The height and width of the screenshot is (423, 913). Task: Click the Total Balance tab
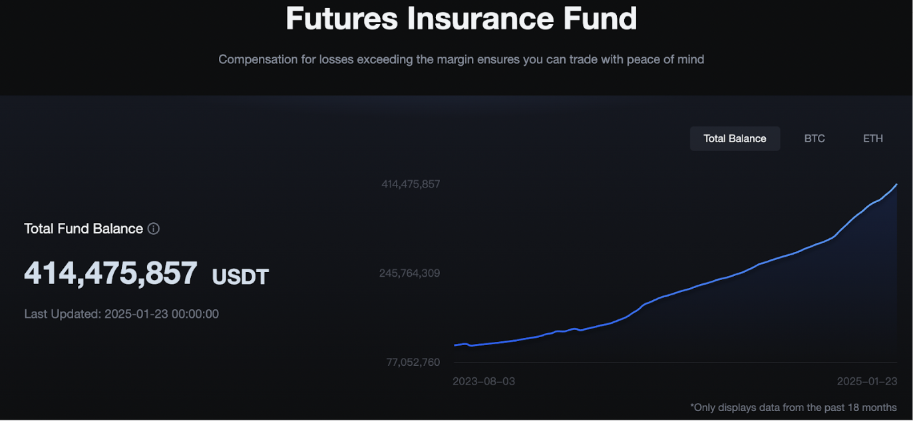[x=735, y=138]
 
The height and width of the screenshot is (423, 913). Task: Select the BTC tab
[x=815, y=138]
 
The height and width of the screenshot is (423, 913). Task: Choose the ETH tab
[x=873, y=138]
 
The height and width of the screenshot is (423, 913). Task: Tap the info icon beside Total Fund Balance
[x=154, y=229]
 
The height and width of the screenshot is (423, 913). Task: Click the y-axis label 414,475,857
[x=411, y=184]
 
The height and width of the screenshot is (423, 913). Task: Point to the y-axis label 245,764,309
[x=410, y=273]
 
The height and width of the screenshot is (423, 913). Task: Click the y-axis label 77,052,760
[x=413, y=362]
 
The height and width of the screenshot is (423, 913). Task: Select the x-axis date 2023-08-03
[x=484, y=382]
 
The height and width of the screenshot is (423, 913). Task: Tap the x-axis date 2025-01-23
[x=867, y=382]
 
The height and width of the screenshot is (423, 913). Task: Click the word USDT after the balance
[x=240, y=277]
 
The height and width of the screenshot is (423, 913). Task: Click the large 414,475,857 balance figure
[x=110, y=273]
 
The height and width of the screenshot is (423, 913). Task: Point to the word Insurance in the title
[x=480, y=19]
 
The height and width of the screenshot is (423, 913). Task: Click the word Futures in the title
[x=341, y=19]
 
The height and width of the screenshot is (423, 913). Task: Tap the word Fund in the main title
[x=600, y=19]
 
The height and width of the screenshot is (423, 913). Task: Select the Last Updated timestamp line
[x=122, y=314]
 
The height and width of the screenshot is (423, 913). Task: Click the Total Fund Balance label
[x=84, y=229]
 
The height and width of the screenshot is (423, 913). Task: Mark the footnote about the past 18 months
[x=793, y=408]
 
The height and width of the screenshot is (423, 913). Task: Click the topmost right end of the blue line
[x=896, y=185]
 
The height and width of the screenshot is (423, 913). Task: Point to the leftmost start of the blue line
[x=455, y=345]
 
